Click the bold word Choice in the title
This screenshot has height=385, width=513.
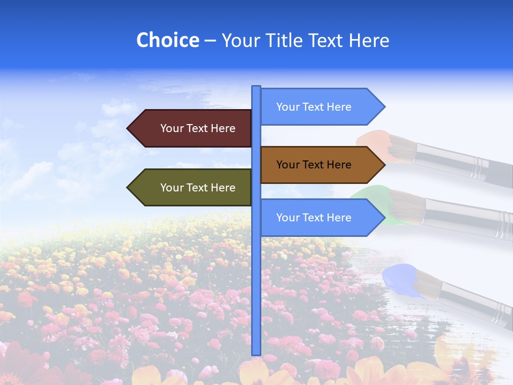[167, 40]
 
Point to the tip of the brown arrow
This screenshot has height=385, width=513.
[384, 165]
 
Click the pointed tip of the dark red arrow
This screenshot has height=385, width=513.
[128, 128]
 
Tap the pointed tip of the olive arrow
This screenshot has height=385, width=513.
[128, 188]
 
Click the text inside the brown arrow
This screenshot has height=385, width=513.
[314, 165]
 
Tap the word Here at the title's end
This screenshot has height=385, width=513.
[369, 40]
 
